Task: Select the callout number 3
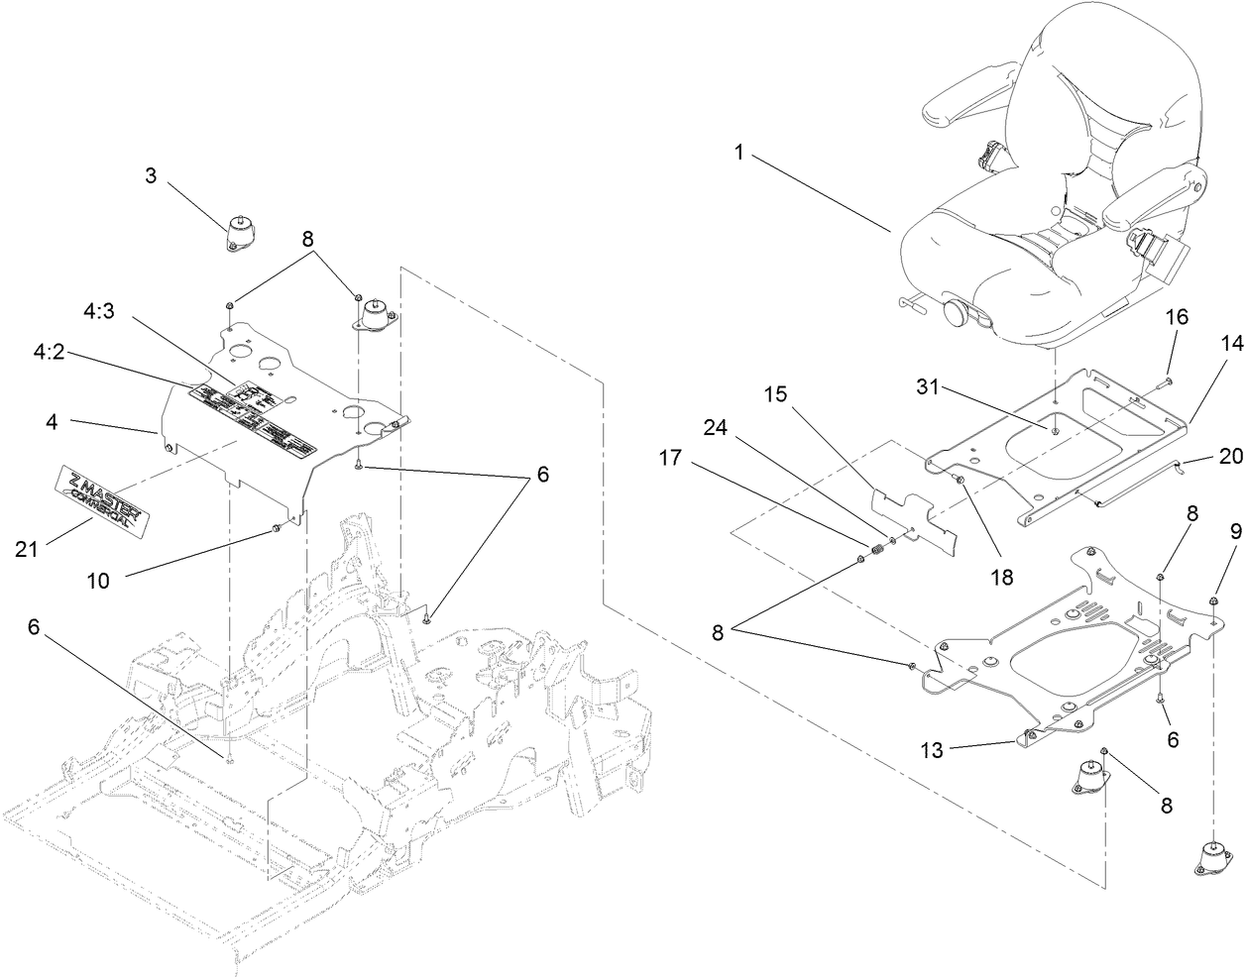[151, 176]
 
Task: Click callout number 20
[1229, 456]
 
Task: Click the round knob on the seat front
[957, 313]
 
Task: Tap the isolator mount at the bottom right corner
[1213, 858]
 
